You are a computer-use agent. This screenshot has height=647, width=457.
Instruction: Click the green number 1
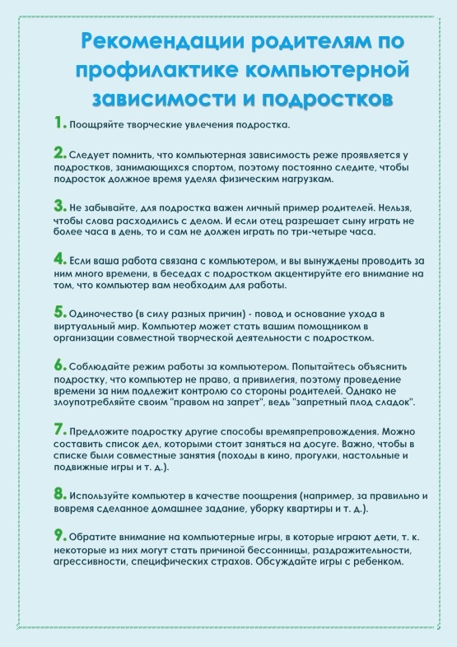coord(58,123)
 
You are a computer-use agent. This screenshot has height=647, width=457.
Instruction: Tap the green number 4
coord(59,258)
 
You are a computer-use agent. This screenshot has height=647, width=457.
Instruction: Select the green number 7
coord(59,429)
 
